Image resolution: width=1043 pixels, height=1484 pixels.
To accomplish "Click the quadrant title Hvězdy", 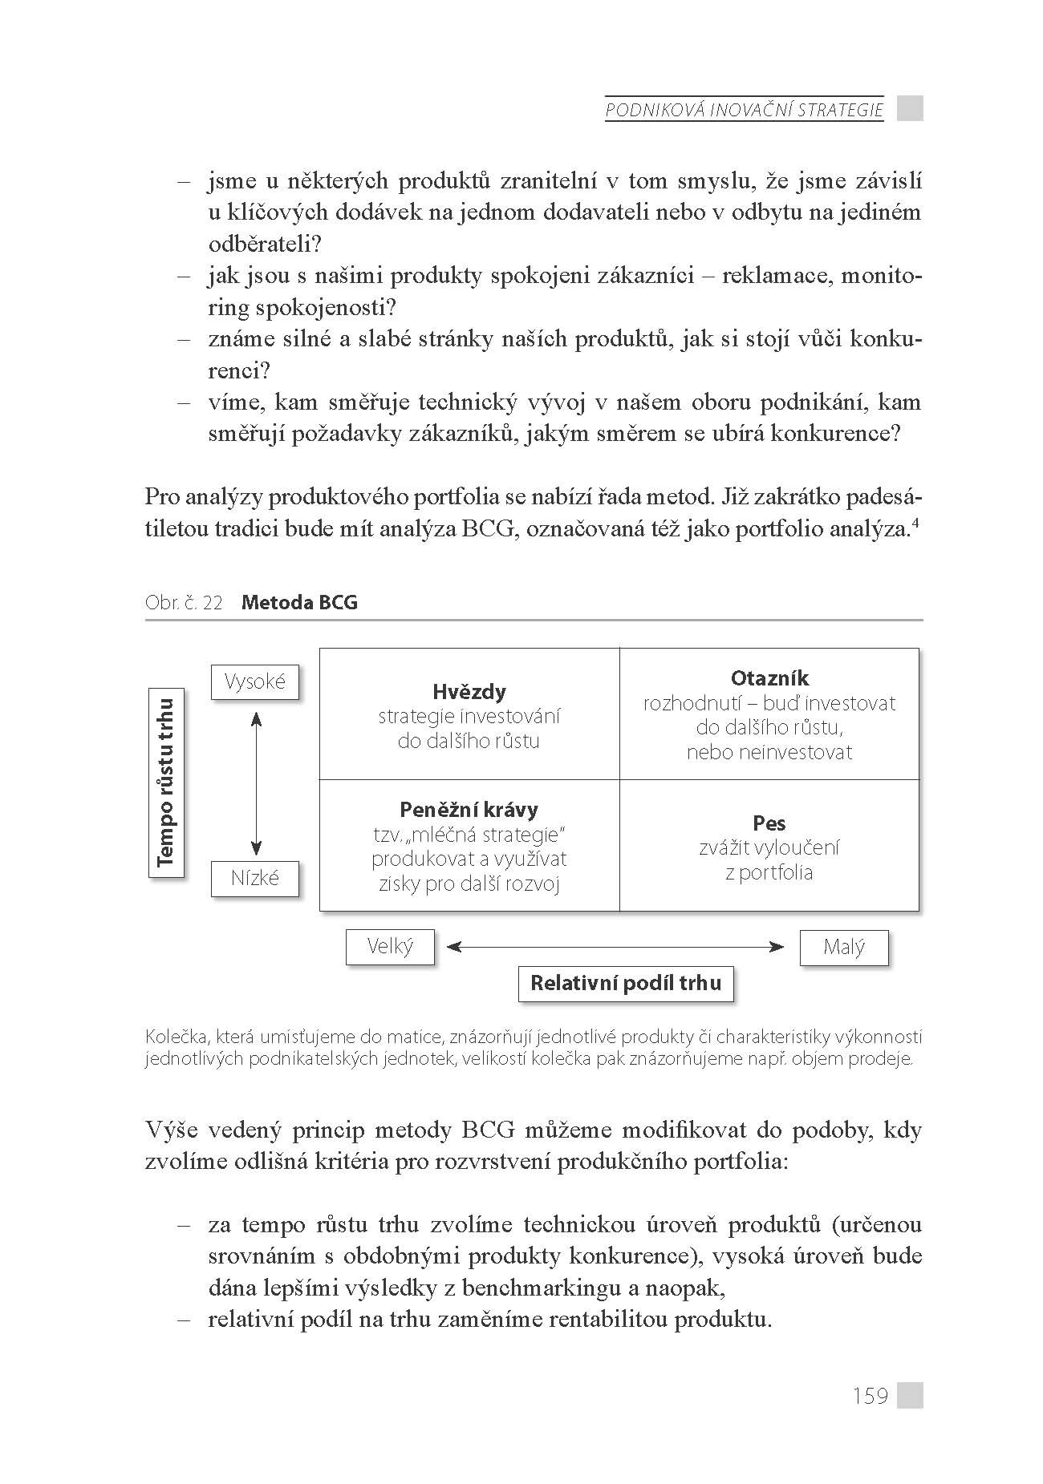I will click(x=469, y=692).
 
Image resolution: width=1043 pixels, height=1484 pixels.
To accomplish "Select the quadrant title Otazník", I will click(x=769, y=678).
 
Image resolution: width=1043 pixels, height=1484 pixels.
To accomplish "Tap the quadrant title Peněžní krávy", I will click(x=469, y=810).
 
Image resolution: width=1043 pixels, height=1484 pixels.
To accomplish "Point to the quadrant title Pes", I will click(x=769, y=823).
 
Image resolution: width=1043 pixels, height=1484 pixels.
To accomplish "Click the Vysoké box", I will click(x=255, y=682).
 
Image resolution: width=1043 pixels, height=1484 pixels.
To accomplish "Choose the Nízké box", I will click(x=255, y=878).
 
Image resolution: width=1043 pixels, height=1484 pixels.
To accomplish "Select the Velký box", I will click(x=390, y=947).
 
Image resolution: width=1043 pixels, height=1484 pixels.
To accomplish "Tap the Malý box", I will click(x=844, y=948).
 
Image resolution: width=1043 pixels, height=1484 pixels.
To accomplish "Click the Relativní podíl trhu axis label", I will click(x=626, y=983).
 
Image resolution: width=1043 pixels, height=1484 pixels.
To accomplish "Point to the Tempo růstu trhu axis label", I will click(x=166, y=783).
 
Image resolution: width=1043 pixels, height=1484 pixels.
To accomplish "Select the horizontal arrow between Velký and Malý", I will click(x=615, y=947).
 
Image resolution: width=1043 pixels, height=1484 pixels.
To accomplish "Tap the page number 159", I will click(x=871, y=1396).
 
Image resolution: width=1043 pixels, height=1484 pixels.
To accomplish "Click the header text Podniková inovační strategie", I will click(x=744, y=110).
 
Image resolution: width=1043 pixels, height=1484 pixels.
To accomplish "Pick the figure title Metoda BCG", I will click(x=299, y=602).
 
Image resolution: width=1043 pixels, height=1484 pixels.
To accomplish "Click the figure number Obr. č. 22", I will click(x=184, y=603).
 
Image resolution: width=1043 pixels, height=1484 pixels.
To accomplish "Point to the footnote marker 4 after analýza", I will click(x=918, y=524).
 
